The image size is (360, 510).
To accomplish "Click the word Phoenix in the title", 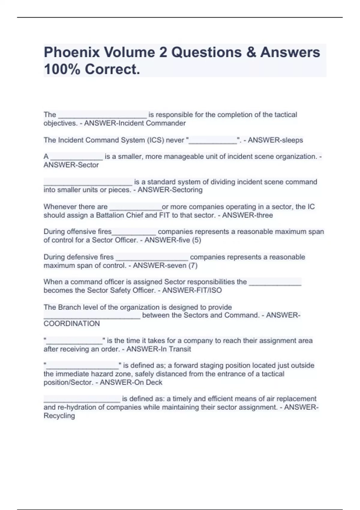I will [x=72, y=52].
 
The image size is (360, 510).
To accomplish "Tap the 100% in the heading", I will [x=62, y=69].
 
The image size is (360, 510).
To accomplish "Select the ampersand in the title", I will [x=251, y=52].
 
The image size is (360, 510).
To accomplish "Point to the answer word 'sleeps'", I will [x=290, y=140].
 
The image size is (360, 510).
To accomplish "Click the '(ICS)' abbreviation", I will [x=157, y=140].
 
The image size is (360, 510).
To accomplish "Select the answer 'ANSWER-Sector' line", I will [x=71, y=165].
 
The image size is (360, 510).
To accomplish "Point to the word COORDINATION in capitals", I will [x=72, y=324].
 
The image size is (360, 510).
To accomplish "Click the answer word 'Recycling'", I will [x=59, y=416].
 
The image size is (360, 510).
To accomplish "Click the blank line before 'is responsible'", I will [x=102, y=115].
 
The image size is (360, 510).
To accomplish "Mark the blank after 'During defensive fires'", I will [x=152, y=258].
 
